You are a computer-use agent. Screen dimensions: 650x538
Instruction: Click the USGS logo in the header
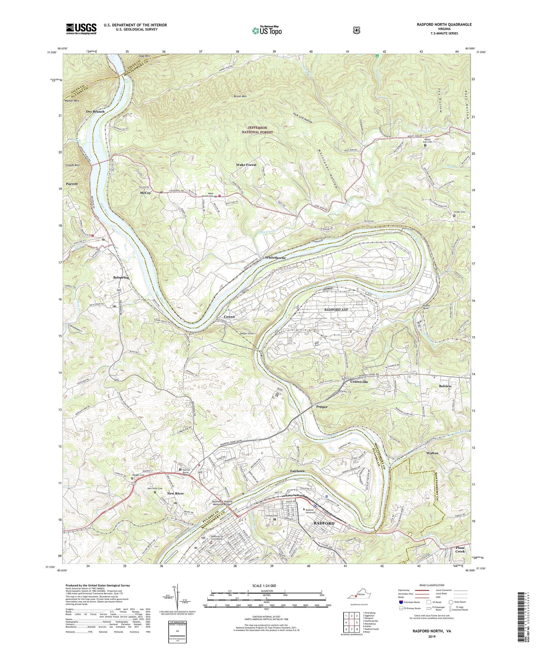coord(81,29)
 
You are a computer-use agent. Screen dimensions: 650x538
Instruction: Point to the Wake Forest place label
coord(246,165)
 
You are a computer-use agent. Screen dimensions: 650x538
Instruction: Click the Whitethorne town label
coord(275,258)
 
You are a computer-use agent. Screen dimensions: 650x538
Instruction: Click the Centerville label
coord(357,382)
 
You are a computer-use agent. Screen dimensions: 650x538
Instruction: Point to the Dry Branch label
coord(95,112)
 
